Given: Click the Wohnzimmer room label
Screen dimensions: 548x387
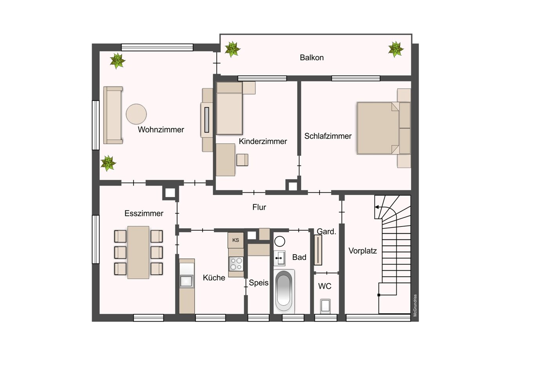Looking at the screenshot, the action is tap(161, 130).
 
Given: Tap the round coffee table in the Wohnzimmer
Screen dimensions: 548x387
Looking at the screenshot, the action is tap(136, 114).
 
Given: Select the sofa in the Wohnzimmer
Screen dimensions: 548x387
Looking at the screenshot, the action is tap(113, 115).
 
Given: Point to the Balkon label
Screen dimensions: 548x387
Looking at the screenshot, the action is tap(312, 58).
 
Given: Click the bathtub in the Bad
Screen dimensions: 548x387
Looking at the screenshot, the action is tap(284, 291).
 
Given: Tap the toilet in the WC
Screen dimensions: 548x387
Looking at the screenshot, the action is tap(326, 306).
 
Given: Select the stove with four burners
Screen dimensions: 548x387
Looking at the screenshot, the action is tap(236, 264).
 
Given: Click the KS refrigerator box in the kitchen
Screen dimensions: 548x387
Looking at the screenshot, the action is tap(235, 240).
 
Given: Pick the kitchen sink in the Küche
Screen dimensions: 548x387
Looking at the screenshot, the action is tap(187, 281).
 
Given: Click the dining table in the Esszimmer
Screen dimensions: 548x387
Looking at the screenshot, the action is tap(138, 252).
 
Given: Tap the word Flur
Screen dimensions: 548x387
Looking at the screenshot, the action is tap(259, 207).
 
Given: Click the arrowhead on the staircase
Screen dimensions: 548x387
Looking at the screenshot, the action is tap(377, 207).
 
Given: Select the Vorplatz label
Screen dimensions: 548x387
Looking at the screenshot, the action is tap(363, 251).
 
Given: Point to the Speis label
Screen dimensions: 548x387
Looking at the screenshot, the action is tap(259, 283).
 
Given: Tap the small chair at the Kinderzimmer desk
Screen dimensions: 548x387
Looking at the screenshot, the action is tap(242, 160).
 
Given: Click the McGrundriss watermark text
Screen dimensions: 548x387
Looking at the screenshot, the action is tap(415, 305).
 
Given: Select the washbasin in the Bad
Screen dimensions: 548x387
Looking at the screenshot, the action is tap(279, 258).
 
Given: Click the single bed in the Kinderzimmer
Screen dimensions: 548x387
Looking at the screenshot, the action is tap(230, 108).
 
